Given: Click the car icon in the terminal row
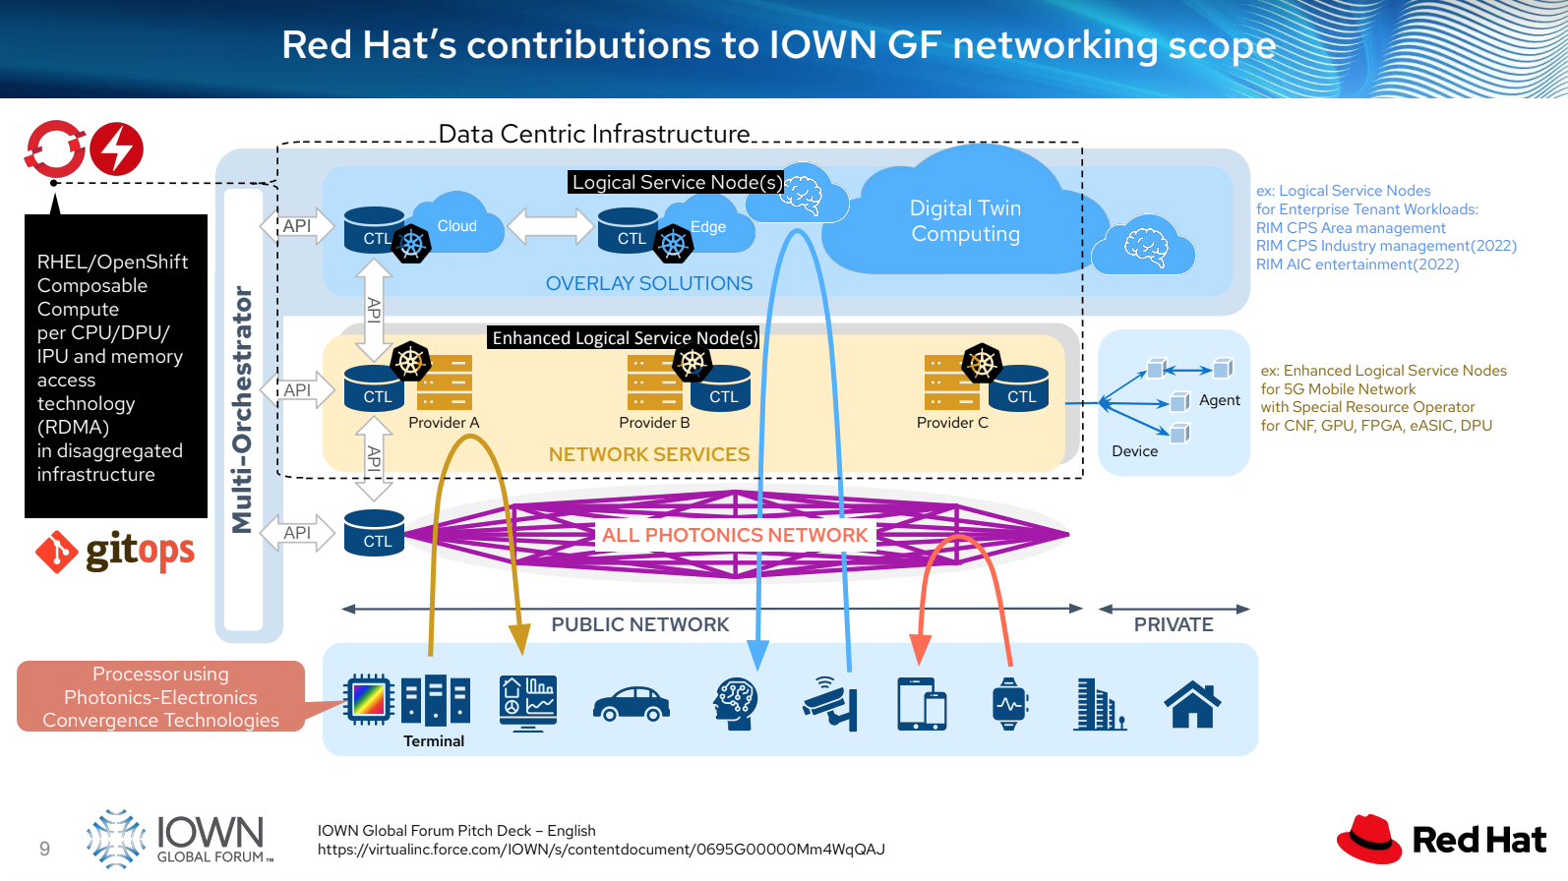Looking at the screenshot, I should [632, 704].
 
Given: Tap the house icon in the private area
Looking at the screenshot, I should [1192, 704].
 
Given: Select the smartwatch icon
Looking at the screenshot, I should [1009, 704].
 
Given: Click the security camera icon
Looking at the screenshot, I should [832, 704].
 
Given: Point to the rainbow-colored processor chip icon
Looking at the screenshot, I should [369, 700].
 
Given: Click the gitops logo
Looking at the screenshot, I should [116, 552].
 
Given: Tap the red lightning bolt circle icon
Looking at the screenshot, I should [117, 149].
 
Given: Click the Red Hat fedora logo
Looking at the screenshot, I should [1369, 839].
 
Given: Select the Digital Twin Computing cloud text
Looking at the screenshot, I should [965, 221].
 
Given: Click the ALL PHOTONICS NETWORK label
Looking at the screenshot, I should [735, 535].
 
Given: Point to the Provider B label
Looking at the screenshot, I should [654, 423].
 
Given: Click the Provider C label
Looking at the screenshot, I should [952, 423].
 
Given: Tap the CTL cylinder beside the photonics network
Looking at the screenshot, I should [375, 534].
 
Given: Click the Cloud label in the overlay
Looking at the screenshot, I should [456, 226].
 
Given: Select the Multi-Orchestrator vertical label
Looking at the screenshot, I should [242, 409].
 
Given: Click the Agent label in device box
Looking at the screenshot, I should [1219, 400].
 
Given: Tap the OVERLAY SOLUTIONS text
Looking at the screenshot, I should [649, 283].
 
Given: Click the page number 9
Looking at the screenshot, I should [44, 849].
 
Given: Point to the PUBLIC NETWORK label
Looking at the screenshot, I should [640, 624].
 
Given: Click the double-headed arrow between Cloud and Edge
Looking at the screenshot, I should [551, 226].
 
